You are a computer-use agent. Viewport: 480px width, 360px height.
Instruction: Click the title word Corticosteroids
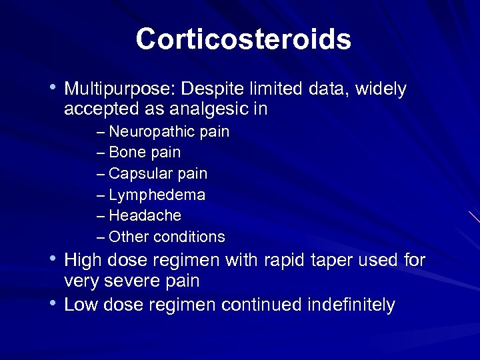coord(243,39)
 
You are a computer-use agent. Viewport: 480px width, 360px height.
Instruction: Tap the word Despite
coord(209,89)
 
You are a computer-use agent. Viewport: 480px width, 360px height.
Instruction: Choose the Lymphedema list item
coord(157,195)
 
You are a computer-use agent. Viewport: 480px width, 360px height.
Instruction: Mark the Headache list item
coord(145,216)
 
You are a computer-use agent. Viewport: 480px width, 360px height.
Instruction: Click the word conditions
coord(189,237)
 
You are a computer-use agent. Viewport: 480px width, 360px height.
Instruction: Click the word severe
coord(131,281)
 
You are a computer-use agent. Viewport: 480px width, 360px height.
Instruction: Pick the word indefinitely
coord(351,305)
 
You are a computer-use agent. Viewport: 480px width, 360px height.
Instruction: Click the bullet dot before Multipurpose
coord(53,87)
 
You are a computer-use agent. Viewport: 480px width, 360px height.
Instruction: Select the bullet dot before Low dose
coord(53,303)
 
